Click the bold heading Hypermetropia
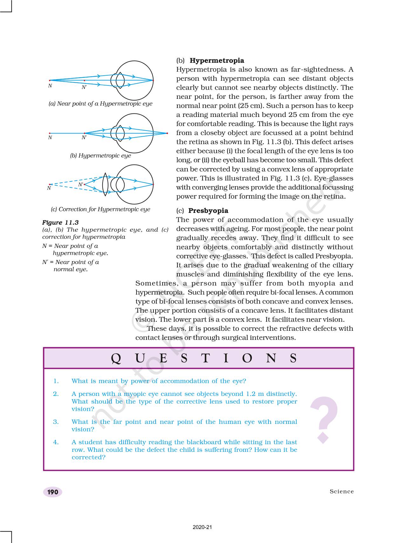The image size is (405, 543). pos(217,60)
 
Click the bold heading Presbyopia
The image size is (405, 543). pos(208,210)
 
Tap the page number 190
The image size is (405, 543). pos(52,492)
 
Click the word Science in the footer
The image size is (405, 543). pos(341,492)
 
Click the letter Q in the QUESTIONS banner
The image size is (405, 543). pos(116,358)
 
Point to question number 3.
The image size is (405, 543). pos(56,422)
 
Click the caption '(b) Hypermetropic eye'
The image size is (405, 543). pos(100,156)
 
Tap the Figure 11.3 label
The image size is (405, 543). pos(60,222)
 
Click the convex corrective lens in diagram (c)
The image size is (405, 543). pos(105,184)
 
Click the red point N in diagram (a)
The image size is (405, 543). pos(50,80)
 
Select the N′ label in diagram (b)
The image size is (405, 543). pos(84,138)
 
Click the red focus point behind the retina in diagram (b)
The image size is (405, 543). pos(167,133)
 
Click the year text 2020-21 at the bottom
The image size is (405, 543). pos(202,527)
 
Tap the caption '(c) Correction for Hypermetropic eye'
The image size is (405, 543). pos(100,209)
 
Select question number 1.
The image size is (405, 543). pos(56,381)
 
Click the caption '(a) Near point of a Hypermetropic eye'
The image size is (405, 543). pos(100,104)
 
